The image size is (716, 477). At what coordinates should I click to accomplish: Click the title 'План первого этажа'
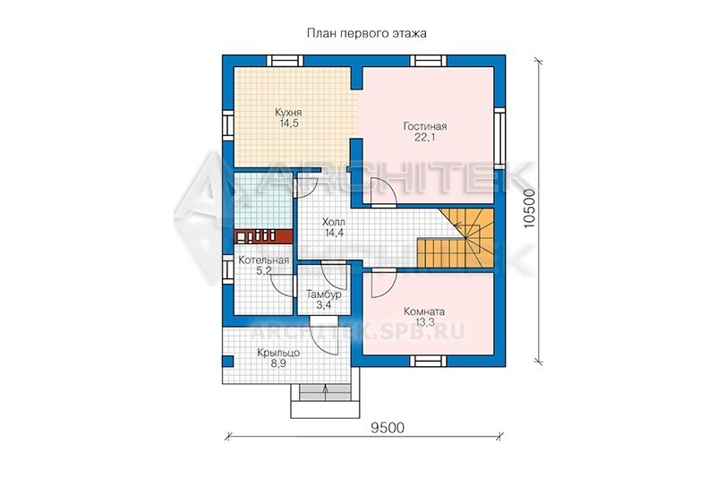[366, 33]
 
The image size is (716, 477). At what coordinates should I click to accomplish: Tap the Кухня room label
[288, 112]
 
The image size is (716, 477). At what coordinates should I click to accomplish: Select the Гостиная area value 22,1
[424, 137]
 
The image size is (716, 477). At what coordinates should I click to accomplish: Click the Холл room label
[334, 222]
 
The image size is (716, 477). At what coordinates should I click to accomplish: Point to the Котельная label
[263, 260]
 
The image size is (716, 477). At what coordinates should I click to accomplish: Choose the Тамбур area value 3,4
[324, 305]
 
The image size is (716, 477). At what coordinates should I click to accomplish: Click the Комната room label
[424, 311]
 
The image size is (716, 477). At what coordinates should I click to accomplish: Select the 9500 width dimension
[388, 428]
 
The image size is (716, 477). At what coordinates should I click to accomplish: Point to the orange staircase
[456, 238]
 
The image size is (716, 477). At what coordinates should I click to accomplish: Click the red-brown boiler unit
[263, 236]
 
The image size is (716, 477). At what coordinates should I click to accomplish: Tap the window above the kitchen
[285, 61]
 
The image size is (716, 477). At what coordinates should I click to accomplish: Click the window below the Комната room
[429, 361]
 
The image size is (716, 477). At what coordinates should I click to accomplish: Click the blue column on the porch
[228, 361]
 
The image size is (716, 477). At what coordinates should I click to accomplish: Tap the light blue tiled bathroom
[263, 200]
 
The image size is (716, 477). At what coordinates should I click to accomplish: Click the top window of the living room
[429, 61]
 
